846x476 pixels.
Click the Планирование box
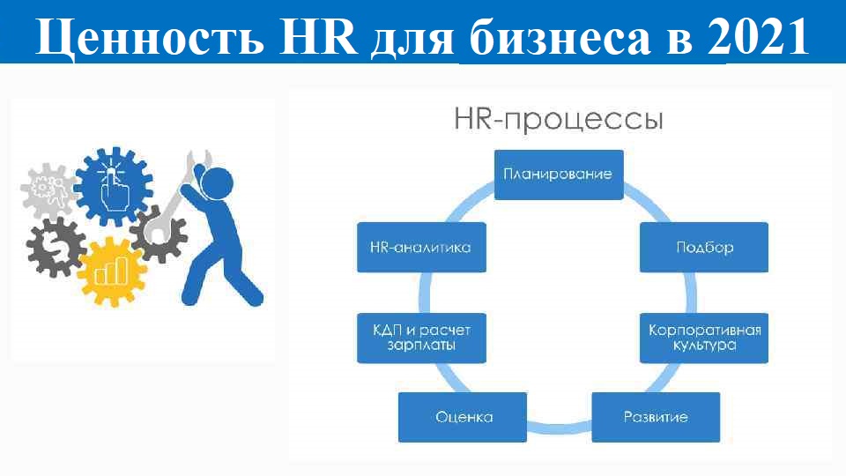[559, 175]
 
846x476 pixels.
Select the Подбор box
[704, 247]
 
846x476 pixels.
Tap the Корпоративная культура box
[704, 338]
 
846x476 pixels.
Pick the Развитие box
[656, 417]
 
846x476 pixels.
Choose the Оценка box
[463, 417]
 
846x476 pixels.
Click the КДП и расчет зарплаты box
[421, 338]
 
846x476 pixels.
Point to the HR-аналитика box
[421, 247]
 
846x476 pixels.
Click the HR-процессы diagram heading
[559, 120]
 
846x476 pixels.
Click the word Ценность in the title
[150, 38]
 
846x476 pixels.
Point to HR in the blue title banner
[319, 37]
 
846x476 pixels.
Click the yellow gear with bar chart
[112, 271]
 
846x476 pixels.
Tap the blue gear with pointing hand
[114, 187]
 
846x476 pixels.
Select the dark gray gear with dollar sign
[56, 248]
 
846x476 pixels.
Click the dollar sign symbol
[56, 248]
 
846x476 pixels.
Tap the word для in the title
[412, 40]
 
